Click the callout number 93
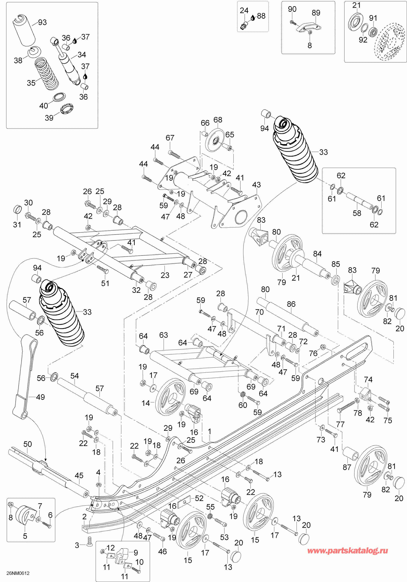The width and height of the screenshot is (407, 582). coord(42,22)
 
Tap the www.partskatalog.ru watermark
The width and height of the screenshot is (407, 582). coord(347,551)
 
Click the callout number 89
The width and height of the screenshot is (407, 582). coord(316,13)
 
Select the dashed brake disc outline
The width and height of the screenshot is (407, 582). coord(391,42)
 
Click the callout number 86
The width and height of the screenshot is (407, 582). coord(291,304)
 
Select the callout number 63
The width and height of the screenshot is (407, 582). coord(163,335)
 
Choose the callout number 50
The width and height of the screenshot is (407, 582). coord(28,444)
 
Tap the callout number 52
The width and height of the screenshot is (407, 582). coord(199,498)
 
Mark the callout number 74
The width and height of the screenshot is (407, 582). coord(368,379)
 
